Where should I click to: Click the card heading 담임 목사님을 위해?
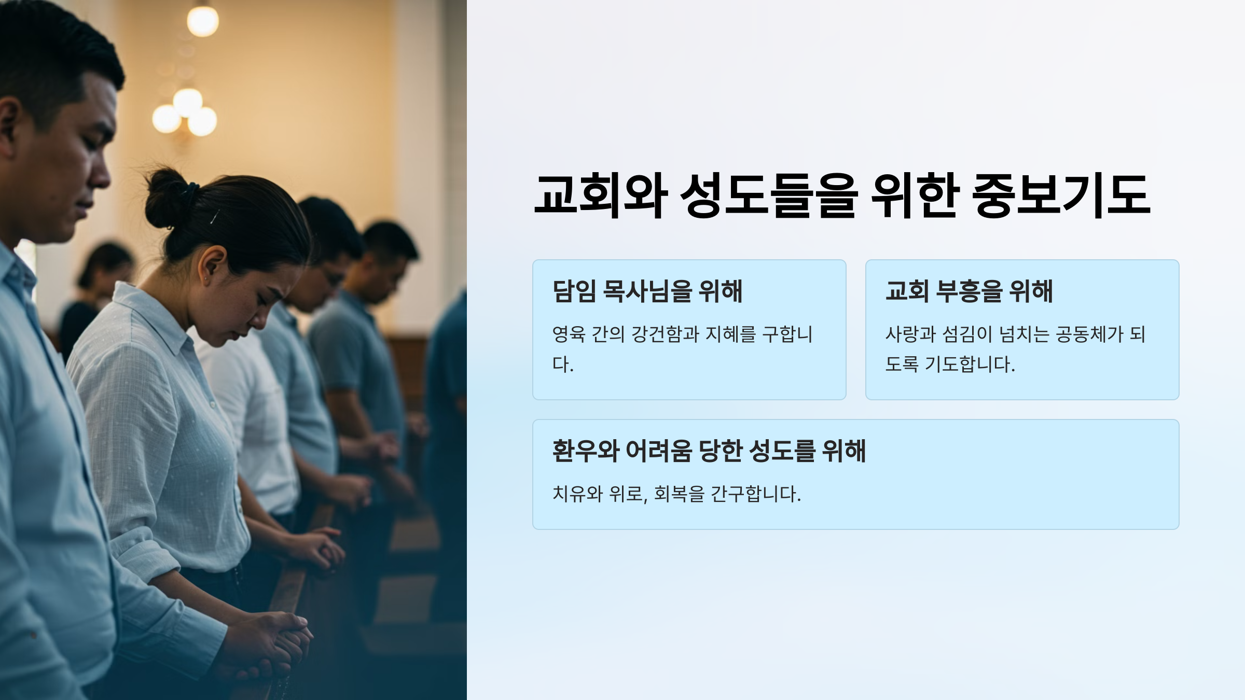click(x=647, y=291)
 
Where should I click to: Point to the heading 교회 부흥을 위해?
click(x=969, y=291)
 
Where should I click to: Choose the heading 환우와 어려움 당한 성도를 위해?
click(x=709, y=451)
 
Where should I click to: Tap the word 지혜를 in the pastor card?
click(x=730, y=334)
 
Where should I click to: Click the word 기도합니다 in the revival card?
click(x=970, y=365)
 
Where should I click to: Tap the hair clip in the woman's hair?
click(x=214, y=217)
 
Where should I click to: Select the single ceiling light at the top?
click(x=202, y=21)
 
